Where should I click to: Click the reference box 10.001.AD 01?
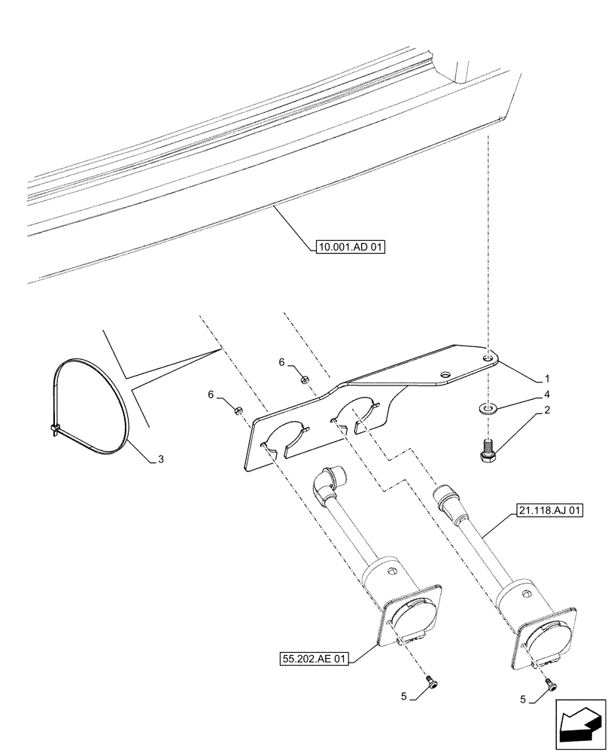[345, 245]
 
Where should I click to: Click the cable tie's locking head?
[56, 430]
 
